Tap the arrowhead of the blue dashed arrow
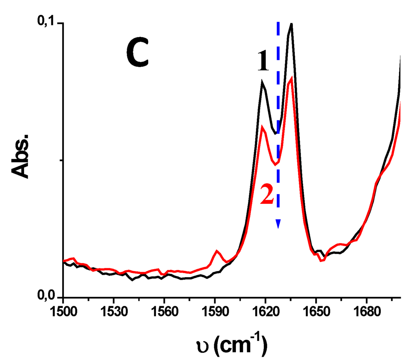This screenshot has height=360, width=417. point(278,224)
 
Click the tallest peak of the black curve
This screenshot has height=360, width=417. point(291,24)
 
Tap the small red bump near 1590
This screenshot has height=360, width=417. point(217,251)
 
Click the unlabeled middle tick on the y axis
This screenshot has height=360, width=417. point(61,160)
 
